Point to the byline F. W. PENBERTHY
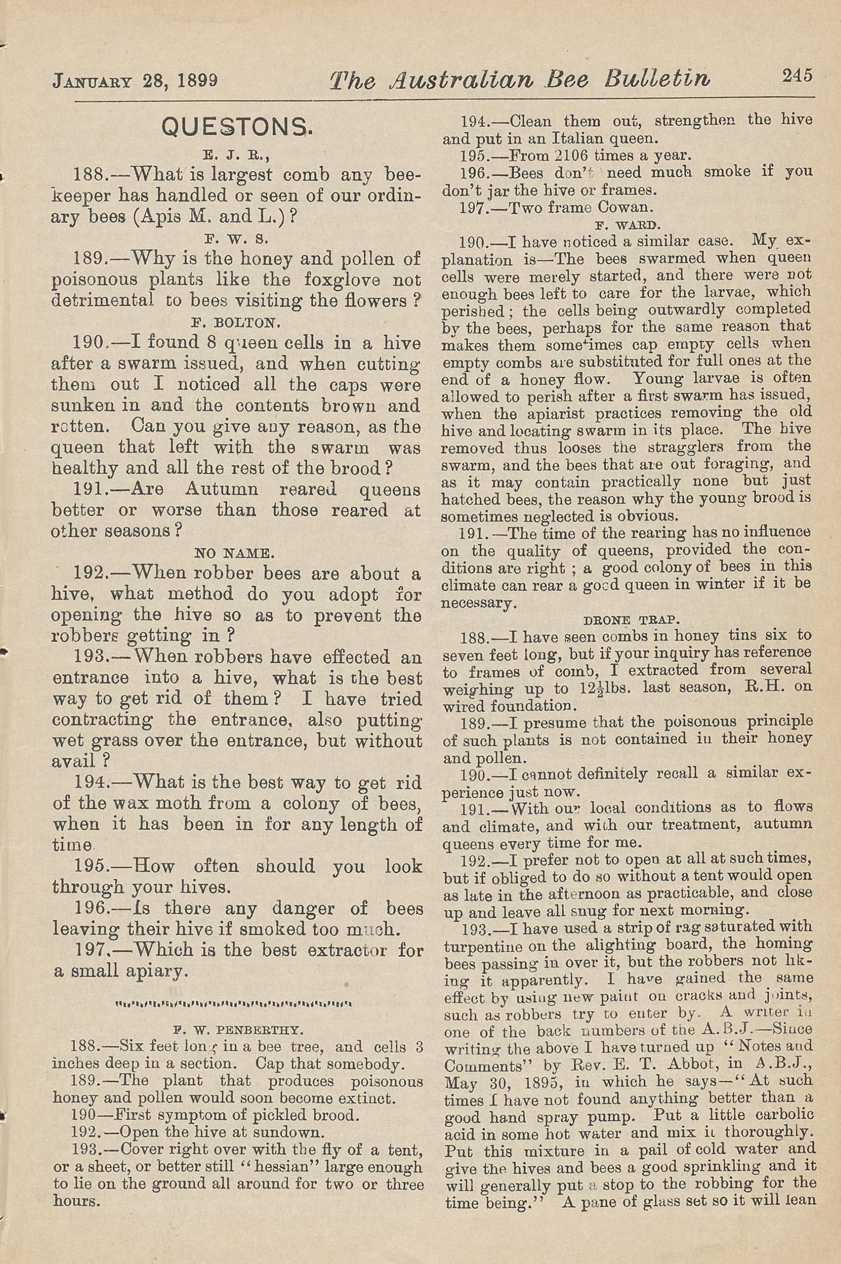pyautogui.click(x=237, y=1030)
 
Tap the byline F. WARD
pyautogui.click(x=628, y=225)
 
